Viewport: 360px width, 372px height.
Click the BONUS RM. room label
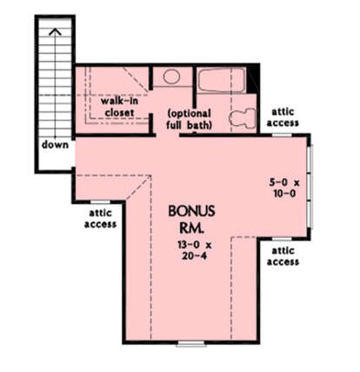point(191,219)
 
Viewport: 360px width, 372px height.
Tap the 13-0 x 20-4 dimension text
point(195,250)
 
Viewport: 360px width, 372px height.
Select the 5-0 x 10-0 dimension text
point(284,188)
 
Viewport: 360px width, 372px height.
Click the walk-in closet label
point(119,107)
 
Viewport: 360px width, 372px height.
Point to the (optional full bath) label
point(190,119)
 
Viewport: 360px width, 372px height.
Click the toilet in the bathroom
point(243,118)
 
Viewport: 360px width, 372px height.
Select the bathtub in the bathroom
point(222,80)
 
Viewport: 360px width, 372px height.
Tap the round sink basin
point(171,76)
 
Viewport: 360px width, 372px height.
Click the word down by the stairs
point(55,144)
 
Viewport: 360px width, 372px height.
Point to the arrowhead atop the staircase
point(55,31)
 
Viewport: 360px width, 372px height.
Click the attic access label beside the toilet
point(283,117)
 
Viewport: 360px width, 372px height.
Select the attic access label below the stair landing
point(100,218)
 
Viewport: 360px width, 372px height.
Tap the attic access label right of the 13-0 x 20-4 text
point(283,256)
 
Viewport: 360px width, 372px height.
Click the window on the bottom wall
point(191,344)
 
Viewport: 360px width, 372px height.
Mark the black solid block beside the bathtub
point(252,80)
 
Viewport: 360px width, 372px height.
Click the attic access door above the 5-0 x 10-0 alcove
point(282,135)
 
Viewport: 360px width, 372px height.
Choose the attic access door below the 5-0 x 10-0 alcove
point(282,239)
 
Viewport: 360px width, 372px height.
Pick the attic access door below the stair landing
point(100,202)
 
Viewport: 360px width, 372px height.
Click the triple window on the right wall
point(310,187)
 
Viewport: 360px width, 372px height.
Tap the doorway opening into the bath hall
point(168,135)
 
